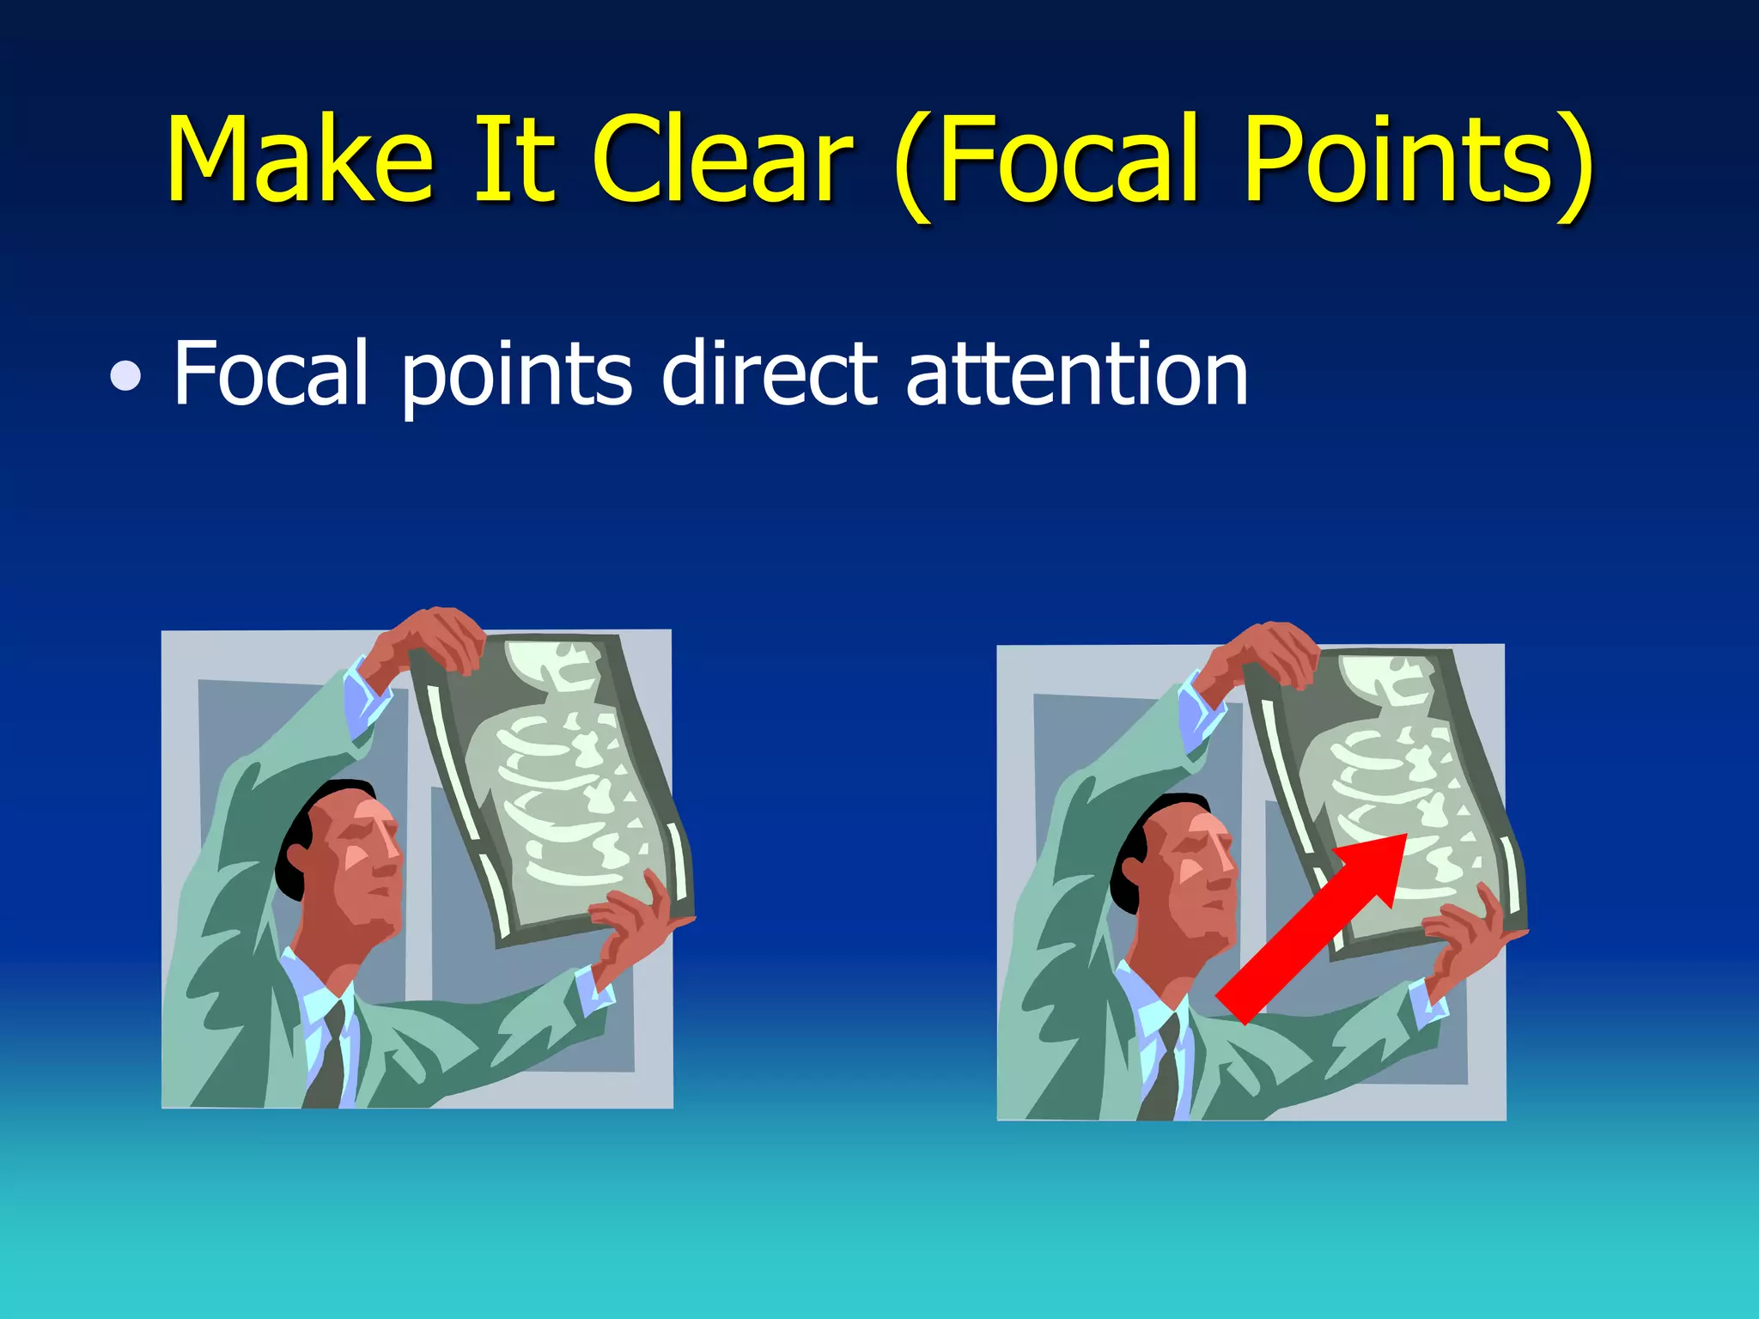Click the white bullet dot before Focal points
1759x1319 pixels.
coord(126,376)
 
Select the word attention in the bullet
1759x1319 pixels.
coord(1077,374)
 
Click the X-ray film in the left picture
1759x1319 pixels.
coord(558,781)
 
